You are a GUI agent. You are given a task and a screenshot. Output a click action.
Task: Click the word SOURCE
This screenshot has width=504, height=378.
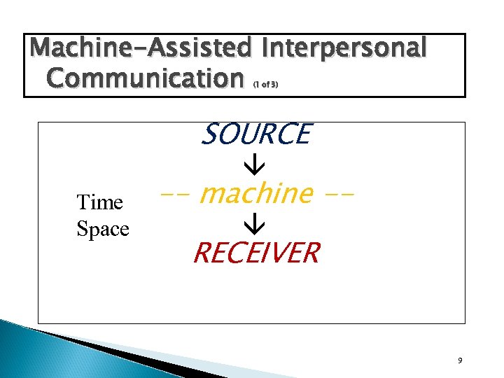255,134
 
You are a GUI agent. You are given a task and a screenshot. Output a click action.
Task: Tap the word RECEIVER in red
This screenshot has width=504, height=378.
256,253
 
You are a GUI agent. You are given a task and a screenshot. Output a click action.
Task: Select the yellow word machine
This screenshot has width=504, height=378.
255,192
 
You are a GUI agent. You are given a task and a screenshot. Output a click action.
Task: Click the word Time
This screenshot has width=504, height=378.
99,203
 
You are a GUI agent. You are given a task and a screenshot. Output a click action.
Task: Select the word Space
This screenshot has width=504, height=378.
103,229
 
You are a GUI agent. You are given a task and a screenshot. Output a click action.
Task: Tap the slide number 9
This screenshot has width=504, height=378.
459,360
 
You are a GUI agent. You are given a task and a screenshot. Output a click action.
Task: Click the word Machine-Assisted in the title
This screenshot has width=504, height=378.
141,48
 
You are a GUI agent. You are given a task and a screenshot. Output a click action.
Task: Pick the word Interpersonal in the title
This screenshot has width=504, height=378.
343,48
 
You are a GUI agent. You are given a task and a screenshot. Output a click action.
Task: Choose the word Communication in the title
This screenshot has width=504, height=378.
143,78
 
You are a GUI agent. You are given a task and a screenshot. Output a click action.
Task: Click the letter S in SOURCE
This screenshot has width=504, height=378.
208,134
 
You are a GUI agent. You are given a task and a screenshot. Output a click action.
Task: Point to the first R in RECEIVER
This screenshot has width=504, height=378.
200,253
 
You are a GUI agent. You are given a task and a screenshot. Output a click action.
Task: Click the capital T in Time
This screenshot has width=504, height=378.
83,203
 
